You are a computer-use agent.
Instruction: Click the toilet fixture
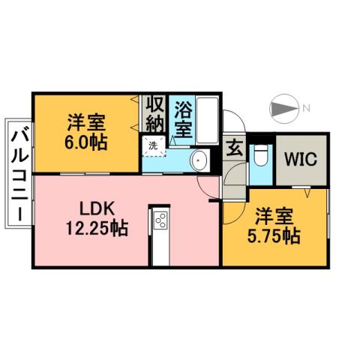coord(261,156)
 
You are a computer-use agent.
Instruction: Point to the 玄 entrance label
coord(234,148)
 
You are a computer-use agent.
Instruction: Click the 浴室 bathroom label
coord(182,118)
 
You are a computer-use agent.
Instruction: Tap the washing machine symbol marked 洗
coord(153,145)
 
